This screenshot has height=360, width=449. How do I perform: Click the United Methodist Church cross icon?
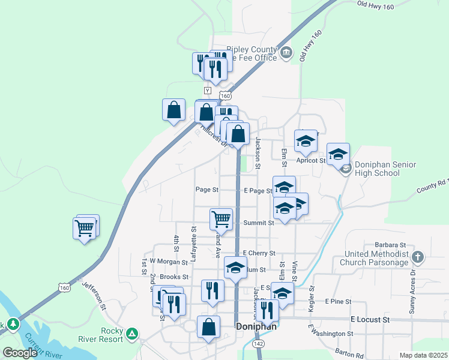point(418,257)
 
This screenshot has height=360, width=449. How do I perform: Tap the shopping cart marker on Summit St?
point(221,219)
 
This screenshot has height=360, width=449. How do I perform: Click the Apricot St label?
point(310,161)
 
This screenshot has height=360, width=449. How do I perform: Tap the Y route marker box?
point(208,90)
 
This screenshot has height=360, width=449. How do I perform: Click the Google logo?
point(20,353)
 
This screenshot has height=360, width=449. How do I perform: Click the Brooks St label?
point(175,277)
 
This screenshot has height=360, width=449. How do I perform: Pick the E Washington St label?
point(331,333)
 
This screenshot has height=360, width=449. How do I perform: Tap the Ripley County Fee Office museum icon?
point(286,53)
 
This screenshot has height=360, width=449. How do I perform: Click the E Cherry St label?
point(259,254)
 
